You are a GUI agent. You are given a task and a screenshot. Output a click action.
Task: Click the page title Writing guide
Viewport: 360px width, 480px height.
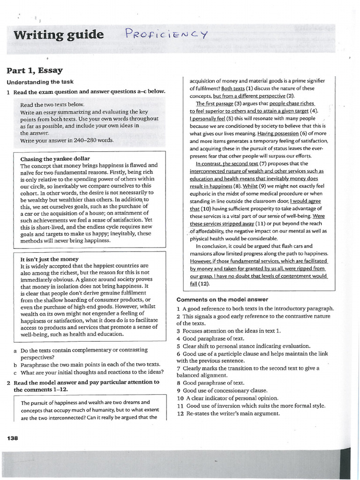coord(59,35)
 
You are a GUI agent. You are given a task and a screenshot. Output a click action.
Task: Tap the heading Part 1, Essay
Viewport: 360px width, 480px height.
coord(34,71)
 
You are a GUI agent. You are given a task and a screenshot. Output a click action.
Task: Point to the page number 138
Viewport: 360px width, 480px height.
coord(12,438)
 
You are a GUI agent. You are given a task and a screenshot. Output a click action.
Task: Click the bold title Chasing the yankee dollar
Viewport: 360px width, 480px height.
coord(55,158)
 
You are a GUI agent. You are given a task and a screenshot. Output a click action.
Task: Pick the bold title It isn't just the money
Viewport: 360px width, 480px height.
coord(49,259)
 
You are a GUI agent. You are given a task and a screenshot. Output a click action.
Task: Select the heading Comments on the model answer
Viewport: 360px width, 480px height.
coord(222,300)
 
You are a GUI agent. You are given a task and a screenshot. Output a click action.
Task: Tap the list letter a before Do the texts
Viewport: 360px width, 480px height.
coord(15,350)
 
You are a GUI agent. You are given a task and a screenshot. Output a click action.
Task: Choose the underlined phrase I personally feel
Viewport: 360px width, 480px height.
coord(208,119)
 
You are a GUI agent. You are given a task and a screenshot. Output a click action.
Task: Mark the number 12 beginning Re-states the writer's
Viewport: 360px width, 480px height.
coord(180,413)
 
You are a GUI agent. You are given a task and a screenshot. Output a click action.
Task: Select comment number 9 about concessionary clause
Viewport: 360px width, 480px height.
coord(179,390)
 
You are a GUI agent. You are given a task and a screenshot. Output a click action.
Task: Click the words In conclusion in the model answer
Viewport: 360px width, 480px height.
coord(213,246)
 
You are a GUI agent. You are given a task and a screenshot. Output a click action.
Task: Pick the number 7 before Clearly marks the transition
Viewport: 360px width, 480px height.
coord(179,368)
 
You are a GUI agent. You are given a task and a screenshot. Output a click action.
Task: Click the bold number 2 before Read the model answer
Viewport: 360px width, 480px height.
coord(9,382)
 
